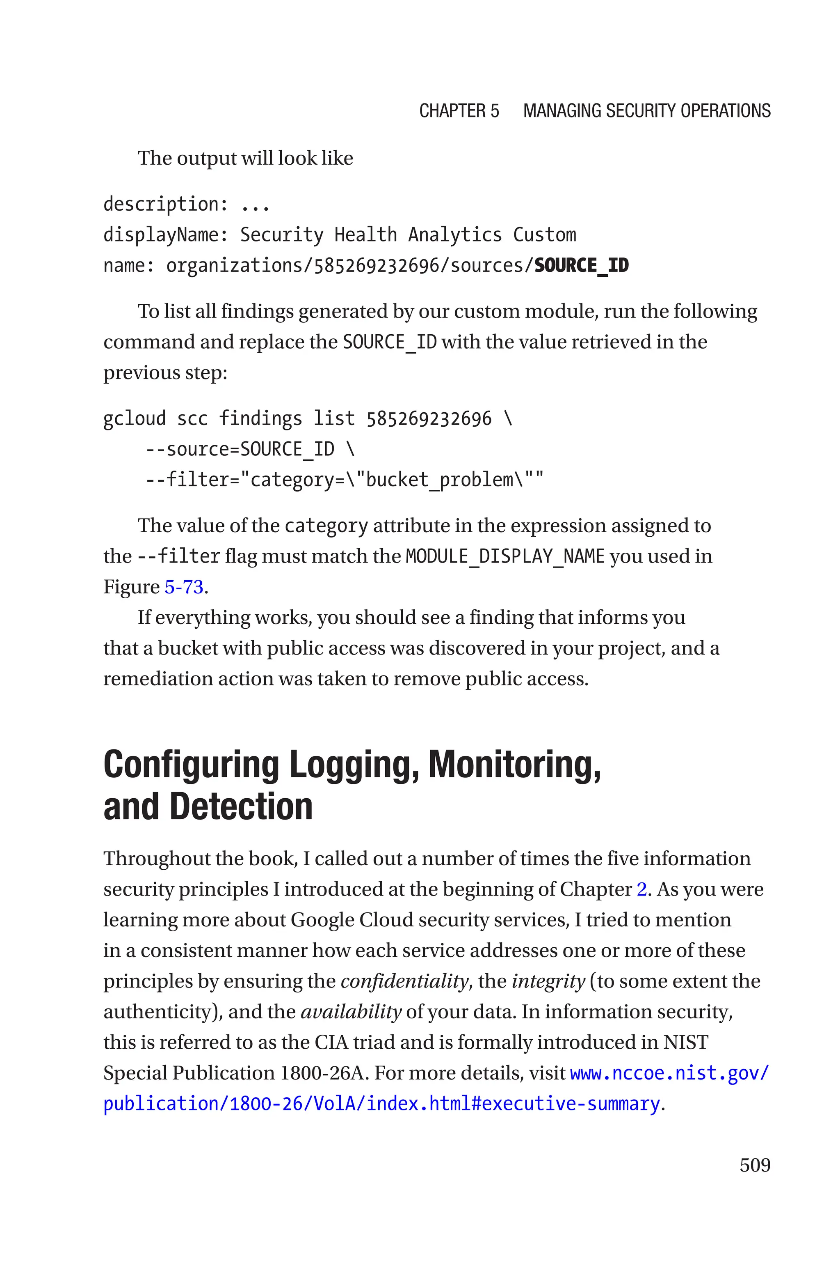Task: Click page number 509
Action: (x=754, y=1165)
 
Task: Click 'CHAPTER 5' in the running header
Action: (x=459, y=111)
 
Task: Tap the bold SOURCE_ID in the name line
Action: (x=581, y=265)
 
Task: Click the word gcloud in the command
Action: (x=135, y=419)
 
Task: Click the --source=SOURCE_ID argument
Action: (x=240, y=449)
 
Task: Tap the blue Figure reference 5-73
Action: (x=184, y=587)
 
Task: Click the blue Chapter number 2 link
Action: (x=641, y=889)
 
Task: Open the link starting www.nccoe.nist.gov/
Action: (x=669, y=1073)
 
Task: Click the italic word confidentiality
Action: (x=404, y=981)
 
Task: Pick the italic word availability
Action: (x=351, y=1012)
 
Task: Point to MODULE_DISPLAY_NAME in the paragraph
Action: (x=504, y=556)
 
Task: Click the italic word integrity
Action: (x=548, y=981)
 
